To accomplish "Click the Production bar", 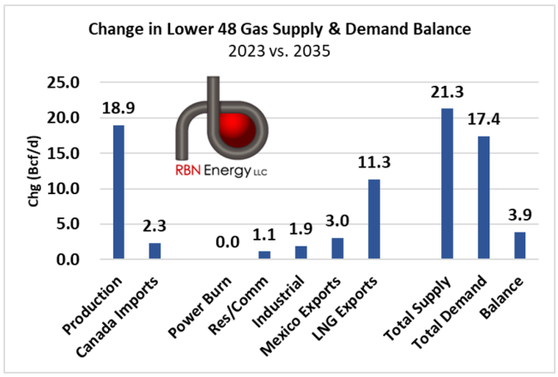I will pos(118,192).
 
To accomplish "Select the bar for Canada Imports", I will pos(155,250).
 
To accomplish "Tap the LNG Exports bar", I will pos(374,219).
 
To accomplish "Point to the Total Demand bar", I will pos(484,197).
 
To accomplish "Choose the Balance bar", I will pos(520,245).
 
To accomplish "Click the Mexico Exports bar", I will pos(337,247).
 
